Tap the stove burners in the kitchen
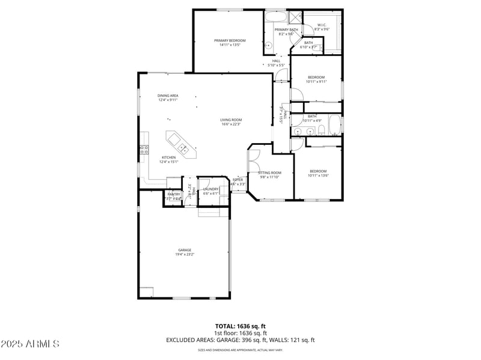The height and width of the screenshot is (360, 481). point(144,150)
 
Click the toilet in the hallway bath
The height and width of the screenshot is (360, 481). point(322,130)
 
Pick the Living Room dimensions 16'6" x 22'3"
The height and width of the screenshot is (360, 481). point(231,124)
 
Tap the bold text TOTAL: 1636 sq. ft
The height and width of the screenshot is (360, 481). point(240,325)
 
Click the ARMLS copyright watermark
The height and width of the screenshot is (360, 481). point(30,344)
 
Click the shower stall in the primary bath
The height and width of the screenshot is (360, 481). point(296,16)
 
